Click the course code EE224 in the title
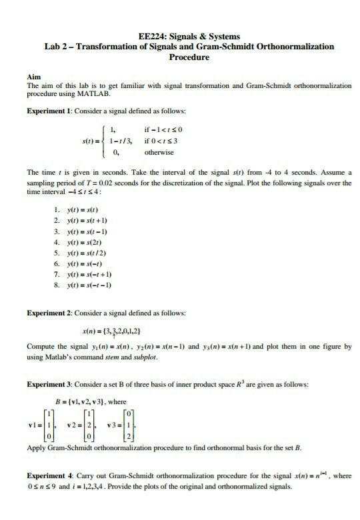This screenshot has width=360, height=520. tap(149, 36)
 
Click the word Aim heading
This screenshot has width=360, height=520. tap(32, 77)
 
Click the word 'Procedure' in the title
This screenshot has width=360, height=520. tap(189, 57)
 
